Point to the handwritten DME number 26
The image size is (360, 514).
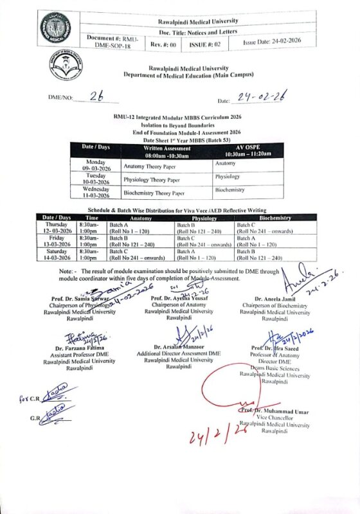(96, 96)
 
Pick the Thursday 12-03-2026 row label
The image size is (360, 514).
(56, 228)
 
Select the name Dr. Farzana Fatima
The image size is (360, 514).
(79, 348)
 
